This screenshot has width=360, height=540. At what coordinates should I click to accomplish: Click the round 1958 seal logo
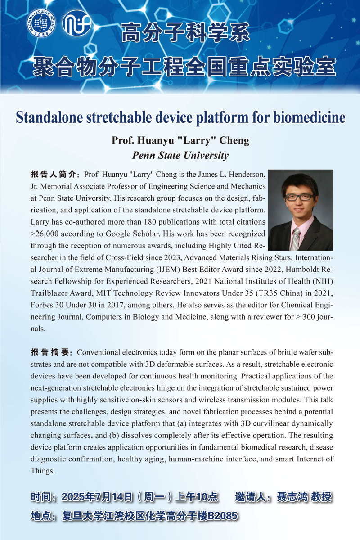click(40, 22)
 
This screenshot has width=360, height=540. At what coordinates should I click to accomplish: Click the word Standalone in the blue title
click(49, 117)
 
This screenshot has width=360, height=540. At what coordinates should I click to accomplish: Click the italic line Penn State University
click(180, 156)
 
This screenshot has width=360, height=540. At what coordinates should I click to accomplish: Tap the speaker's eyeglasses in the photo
click(299, 197)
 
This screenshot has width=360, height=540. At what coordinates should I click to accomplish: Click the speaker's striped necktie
click(296, 238)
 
